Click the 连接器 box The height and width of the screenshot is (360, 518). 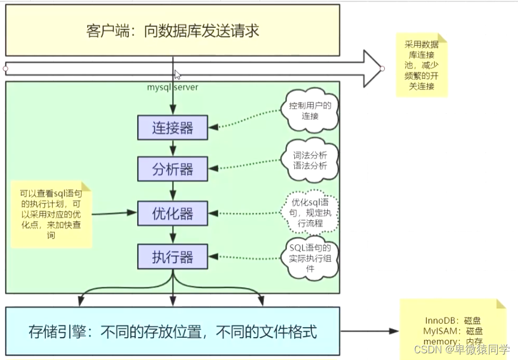click(172, 127)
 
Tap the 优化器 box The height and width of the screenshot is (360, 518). click(172, 213)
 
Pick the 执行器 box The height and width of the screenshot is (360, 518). click(172, 257)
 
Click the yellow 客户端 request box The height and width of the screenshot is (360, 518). click(172, 30)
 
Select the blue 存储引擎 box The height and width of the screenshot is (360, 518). click(172, 332)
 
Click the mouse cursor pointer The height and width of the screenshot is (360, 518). click(177, 75)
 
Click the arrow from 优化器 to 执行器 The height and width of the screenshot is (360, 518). click(172, 235)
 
